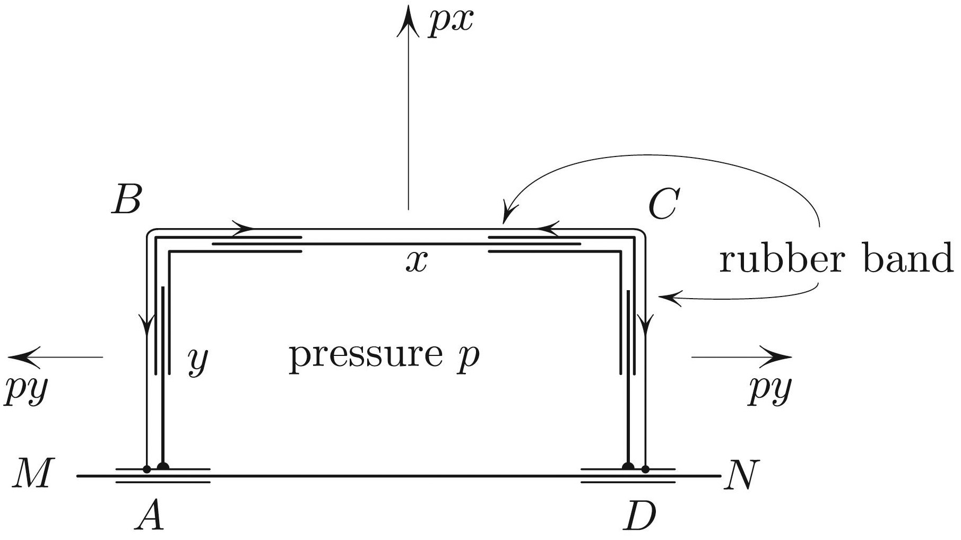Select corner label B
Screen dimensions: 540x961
[126, 201]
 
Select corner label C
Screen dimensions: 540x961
[663, 204]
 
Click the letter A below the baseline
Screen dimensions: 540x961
[149, 516]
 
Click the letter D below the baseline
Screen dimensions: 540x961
[640, 516]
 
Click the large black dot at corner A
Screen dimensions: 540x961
[163, 466]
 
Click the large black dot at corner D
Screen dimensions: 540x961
[628, 466]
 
